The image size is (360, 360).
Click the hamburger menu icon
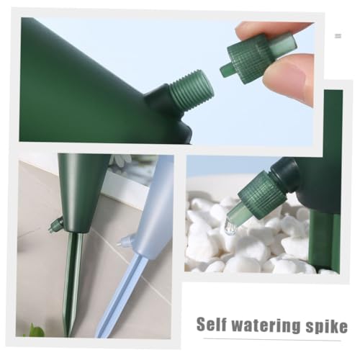[x=338, y=35]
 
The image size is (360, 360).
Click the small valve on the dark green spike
[x=55, y=226]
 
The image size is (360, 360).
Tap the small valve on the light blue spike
[x=126, y=240]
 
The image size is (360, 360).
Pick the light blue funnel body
[x=155, y=209]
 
